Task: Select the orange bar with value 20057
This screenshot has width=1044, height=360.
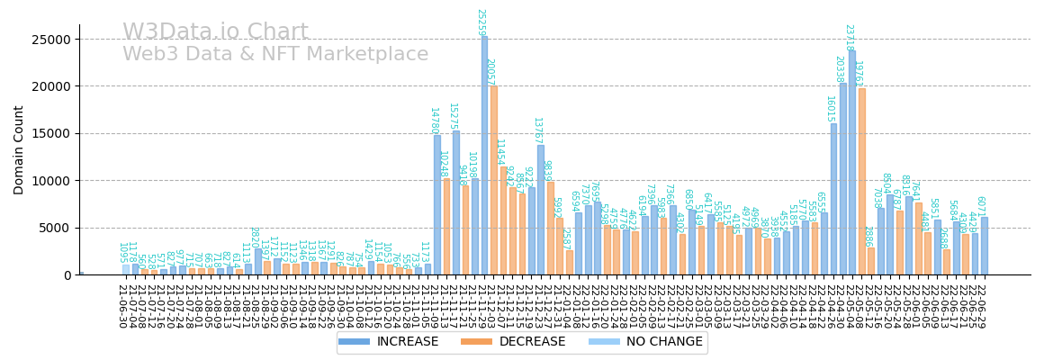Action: (x=493, y=180)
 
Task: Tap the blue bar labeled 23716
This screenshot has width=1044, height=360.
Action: (x=852, y=162)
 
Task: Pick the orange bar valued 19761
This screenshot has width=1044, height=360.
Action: (x=861, y=181)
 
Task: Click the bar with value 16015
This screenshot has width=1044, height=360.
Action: (x=833, y=199)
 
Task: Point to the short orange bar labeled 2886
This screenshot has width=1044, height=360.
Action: (x=871, y=261)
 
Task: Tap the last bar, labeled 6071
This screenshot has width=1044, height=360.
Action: (x=985, y=246)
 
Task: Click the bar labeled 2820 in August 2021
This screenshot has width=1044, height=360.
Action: (x=258, y=261)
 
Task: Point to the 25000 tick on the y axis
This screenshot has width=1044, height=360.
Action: (x=51, y=40)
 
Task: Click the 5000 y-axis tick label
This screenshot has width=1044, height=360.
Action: (x=55, y=228)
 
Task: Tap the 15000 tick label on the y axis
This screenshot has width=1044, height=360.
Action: (x=51, y=134)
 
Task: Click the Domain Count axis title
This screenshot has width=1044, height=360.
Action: (x=19, y=149)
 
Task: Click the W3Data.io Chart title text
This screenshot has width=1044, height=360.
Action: (x=215, y=32)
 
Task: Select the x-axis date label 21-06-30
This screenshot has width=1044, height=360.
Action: (x=121, y=306)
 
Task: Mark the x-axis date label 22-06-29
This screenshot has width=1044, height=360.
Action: (x=981, y=306)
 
